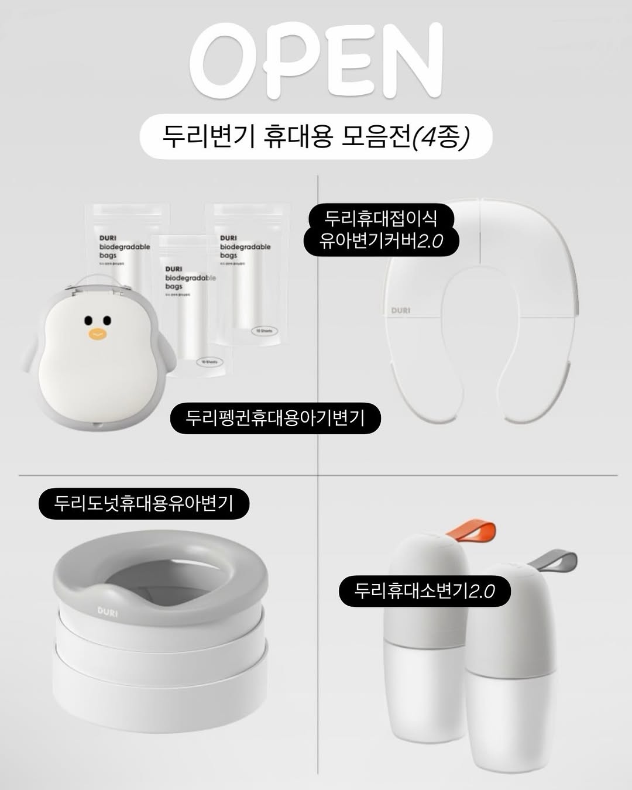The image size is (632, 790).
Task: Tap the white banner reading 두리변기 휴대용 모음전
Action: [x=316, y=139]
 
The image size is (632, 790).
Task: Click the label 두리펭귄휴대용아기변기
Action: [x=275, y=418]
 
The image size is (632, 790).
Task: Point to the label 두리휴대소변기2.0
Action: [x=425, y=590]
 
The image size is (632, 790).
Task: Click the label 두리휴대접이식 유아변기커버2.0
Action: [x=381, y=229]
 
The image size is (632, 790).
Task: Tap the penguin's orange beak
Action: [x=97, y=335]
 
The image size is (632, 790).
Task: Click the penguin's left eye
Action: [x=88, y=320]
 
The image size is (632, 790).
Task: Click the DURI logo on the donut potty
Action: [x=107, y=612]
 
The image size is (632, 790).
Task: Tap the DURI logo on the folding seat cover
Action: [x=401, y=310]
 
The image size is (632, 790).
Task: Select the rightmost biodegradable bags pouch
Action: [x=252, y=275]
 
